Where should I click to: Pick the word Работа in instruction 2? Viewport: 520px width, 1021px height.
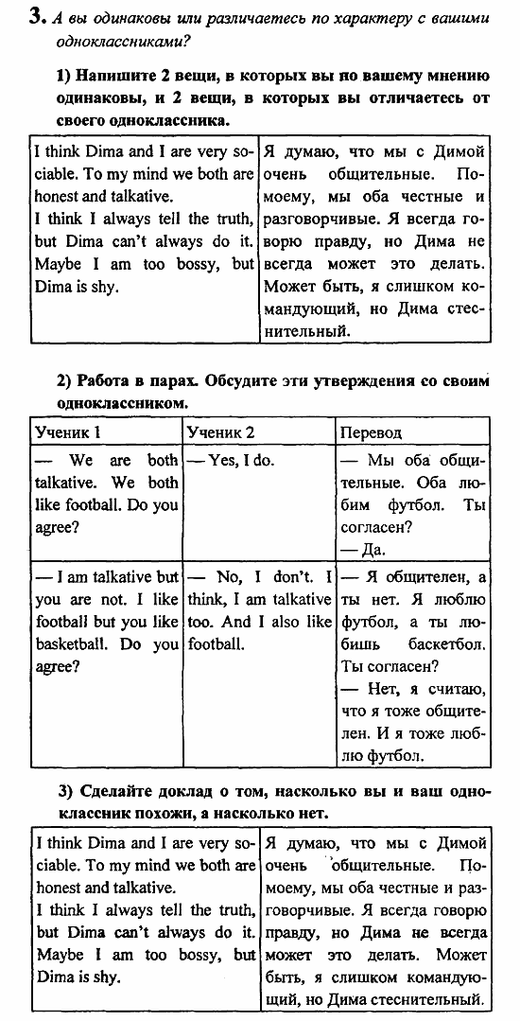pyautogui.click(x=105, y=380)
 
